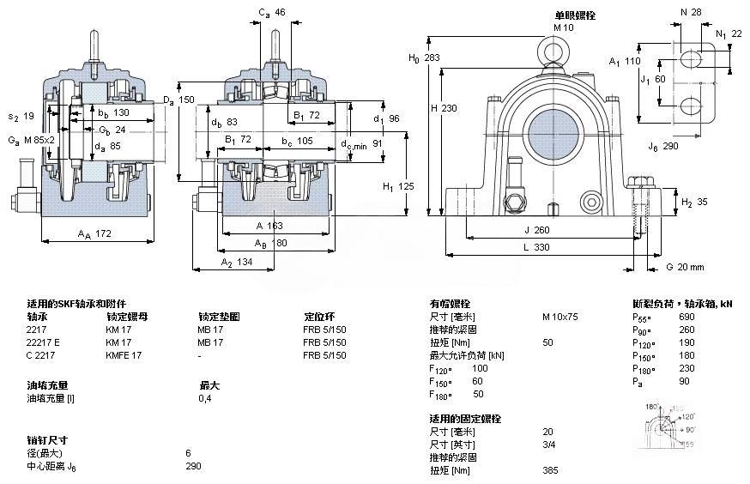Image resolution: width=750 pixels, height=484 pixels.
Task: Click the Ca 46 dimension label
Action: (x=272, y=12)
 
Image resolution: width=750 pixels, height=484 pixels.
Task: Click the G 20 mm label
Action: (x=684, y=267)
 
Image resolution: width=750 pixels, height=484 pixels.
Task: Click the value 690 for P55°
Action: (x=686, y=317)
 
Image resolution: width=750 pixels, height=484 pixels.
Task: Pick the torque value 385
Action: (x=550, y=470)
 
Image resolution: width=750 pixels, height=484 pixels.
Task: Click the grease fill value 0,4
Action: (x=205, y=398)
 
